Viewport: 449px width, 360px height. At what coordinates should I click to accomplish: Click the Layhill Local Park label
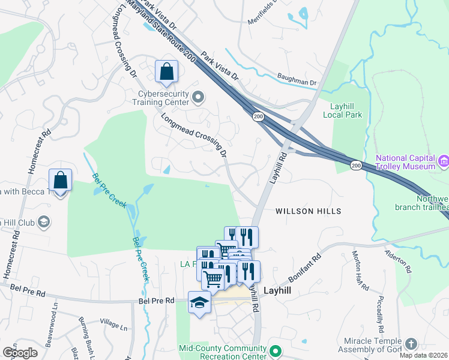coord(343,110)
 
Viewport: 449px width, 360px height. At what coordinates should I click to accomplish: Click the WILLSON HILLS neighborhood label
coord(308,211)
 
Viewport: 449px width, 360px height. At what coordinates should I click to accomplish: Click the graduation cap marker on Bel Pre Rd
coord(199,303)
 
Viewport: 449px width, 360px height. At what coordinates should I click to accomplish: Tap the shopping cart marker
coord(212,279)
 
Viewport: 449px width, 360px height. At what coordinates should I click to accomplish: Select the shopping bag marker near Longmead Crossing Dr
coord(166,71)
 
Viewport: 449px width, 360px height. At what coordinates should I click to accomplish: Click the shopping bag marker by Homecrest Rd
coord(61,180)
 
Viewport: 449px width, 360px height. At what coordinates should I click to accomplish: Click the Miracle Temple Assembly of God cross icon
coord(411,344)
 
